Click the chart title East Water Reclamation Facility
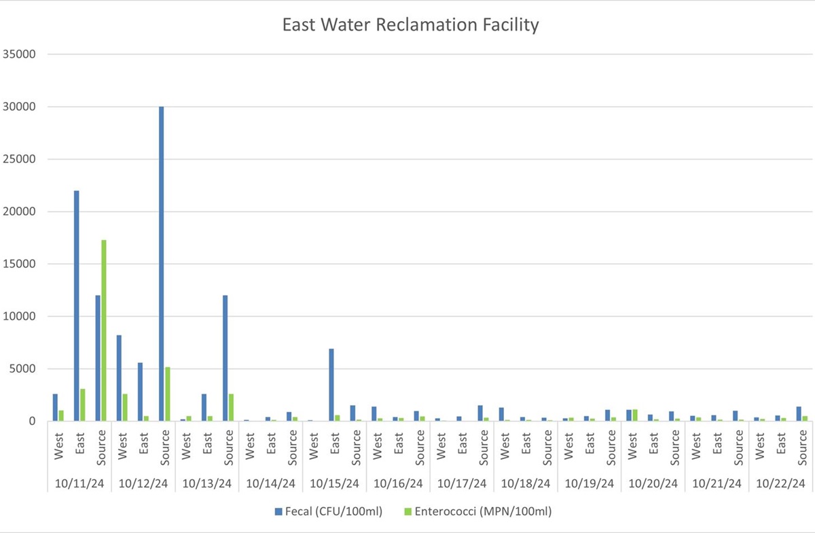[410, 26]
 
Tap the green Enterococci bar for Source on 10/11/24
[104, 330]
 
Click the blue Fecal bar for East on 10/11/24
[76, 306]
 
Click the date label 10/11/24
[79, 484]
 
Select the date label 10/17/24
[462, 484]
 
